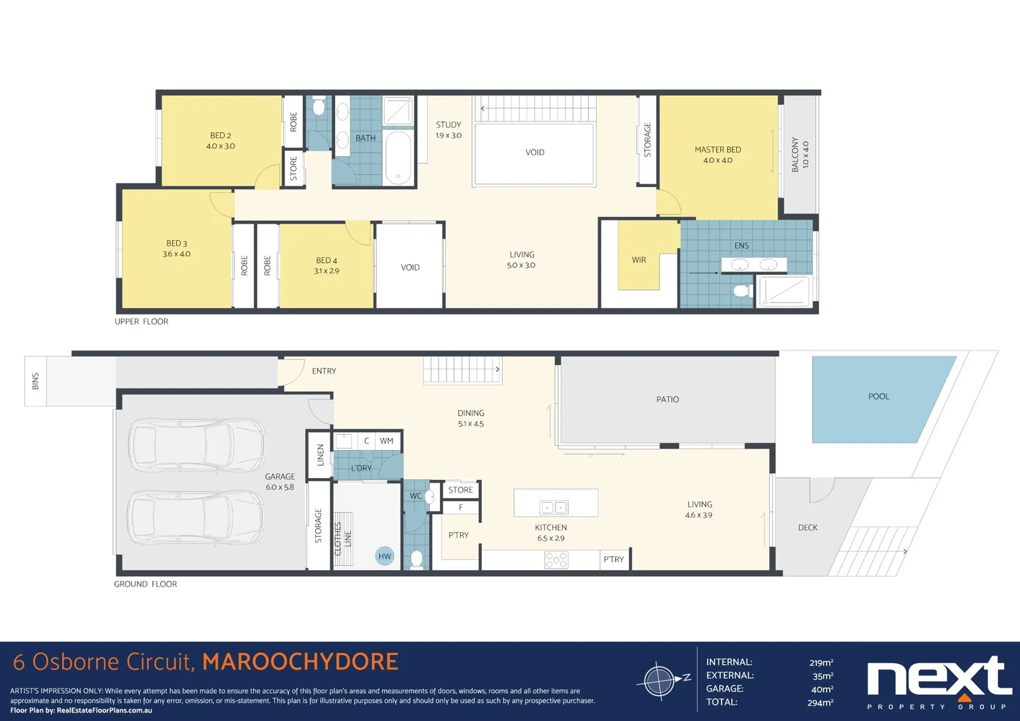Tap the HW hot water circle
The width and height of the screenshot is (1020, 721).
[385, 556]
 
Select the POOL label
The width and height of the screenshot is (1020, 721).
[878, 397]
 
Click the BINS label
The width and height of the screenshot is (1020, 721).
[35, 381]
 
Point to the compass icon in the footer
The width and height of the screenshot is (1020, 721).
[661, 681]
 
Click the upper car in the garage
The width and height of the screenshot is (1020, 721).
[196, 445]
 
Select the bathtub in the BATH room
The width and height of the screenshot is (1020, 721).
[399, 158]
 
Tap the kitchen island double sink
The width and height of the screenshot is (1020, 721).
[553, 508]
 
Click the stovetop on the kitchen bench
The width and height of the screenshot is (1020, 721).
[556, 559]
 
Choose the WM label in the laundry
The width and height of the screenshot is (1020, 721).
[386, 441]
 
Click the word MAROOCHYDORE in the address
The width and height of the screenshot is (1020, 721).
[300, 662]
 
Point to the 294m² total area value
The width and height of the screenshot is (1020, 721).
[820, 702]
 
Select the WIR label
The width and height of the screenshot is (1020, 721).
[639, 260]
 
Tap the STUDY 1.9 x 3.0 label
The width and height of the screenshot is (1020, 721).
[449, 130]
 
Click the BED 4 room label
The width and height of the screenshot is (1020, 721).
[326, 266]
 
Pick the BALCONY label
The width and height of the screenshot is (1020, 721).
[799, 155]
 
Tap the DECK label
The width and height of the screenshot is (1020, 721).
[808, 527]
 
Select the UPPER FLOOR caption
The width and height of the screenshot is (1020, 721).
[142, 322]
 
